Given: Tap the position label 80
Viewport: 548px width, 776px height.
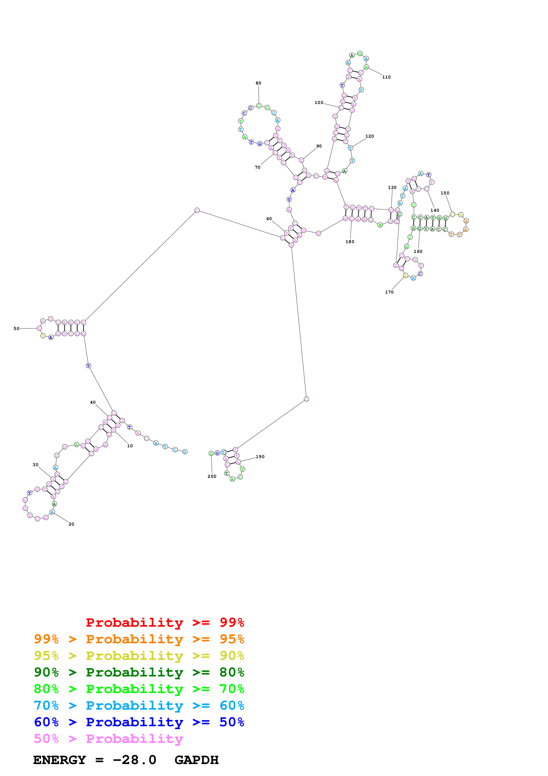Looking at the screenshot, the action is (x=258, y=83).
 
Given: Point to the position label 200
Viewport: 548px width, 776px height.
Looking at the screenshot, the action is (x=212, y=476).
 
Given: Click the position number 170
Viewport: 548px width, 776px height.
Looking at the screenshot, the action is (x=389, y=292).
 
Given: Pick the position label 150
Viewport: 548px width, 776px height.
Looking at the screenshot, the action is (x=445, y=193).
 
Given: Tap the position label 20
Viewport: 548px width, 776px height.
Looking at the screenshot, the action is (x=71, y=524).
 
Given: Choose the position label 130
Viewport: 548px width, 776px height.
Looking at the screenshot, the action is (x=392, y=188).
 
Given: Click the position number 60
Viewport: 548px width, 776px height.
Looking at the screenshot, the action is (x=269, y=219).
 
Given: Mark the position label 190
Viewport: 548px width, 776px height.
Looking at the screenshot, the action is (x=260, y=457).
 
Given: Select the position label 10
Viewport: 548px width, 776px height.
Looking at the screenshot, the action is (x=130, y=446).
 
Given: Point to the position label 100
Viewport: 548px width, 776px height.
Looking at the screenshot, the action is (x=319, y=102).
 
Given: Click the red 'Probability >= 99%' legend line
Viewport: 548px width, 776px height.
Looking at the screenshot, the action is (x=165, y=622).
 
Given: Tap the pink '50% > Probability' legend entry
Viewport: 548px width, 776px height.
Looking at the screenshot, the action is (x=108, y=739).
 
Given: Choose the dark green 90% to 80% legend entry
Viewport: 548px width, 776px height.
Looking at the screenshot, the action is (x=139, y=672).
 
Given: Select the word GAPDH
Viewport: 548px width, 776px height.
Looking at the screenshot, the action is (x=197, y=760).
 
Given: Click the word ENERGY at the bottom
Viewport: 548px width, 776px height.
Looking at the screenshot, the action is (x=59, y=760).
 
